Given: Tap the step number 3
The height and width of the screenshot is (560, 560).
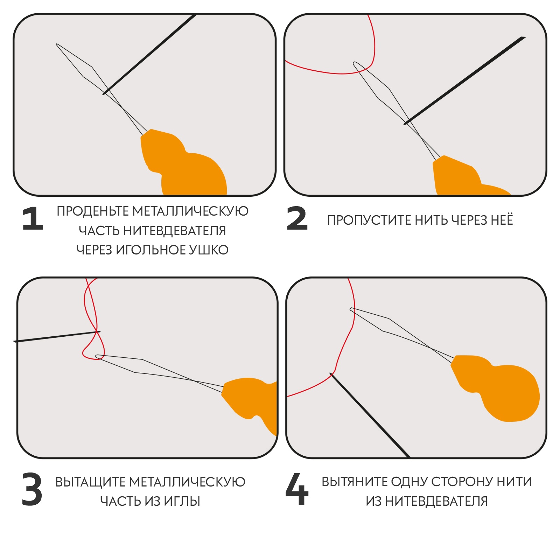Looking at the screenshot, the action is click(x=32, y=489).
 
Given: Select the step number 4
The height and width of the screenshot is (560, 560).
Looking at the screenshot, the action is click(x=297, y=489).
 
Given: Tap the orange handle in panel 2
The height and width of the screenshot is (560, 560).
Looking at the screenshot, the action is click(x=462, y=177).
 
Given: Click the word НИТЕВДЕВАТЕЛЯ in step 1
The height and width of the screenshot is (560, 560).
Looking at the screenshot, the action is click(x=175, y=231).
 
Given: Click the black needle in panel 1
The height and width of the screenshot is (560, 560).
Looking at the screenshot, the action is click(x=149, y=54).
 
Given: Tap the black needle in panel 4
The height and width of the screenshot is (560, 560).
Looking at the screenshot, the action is click(x=370, y=415).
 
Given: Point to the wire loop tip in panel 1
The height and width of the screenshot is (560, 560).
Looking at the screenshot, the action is click(x=57, y=44).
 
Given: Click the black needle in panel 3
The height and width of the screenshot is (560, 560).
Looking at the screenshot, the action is click(x=57, y=336).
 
